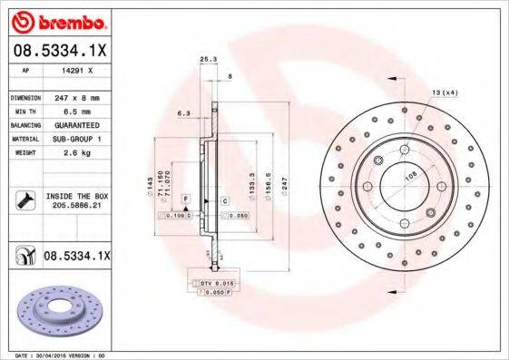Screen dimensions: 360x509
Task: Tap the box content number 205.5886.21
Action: [x=76, y=206]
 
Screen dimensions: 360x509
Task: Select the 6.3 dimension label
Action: [x=182, y=113]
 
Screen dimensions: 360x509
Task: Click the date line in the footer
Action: [x=56, y=355]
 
